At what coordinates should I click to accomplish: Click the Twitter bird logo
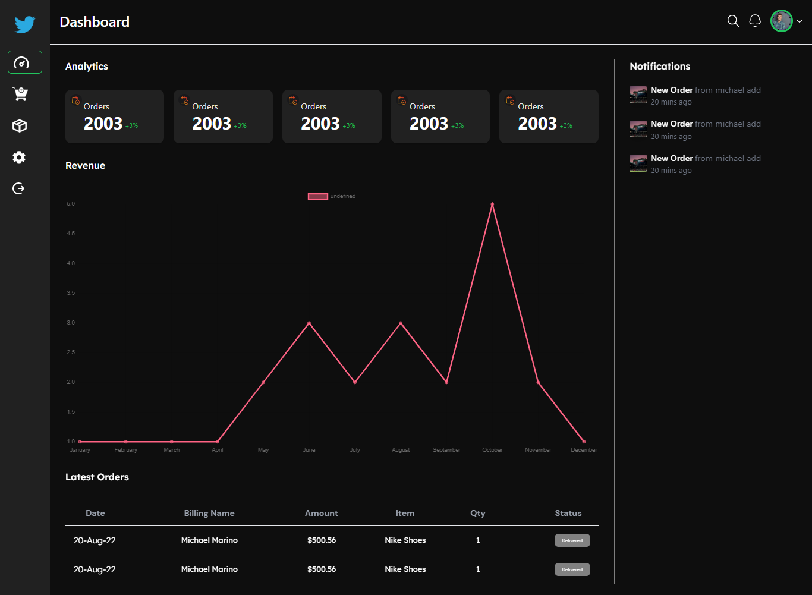point(25,24)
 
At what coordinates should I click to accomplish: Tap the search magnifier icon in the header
point(734,21)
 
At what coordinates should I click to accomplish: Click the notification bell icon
point(755,21)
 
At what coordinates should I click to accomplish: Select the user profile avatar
point(782,21)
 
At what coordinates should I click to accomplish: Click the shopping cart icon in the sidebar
point(20,94)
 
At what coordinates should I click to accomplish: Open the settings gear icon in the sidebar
point(19,158)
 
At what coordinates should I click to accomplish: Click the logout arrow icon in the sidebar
point(19,188)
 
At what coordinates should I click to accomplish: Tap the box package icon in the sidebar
point(20,126)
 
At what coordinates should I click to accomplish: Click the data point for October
point(492,204)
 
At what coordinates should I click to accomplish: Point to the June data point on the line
point(309,323)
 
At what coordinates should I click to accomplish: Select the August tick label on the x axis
point(401,450)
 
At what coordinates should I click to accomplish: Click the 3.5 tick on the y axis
point(71,293)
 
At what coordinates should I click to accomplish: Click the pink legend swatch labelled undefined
point(317,196)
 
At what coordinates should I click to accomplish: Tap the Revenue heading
point(85,166)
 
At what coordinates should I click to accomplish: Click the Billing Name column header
point(209,513)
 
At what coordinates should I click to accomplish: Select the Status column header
point(568,513)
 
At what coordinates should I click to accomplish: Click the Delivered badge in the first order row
point(572,540)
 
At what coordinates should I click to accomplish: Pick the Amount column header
point(321,513)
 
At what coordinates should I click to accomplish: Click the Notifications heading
point(660,67)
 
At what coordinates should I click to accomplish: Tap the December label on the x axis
point(584,450)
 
